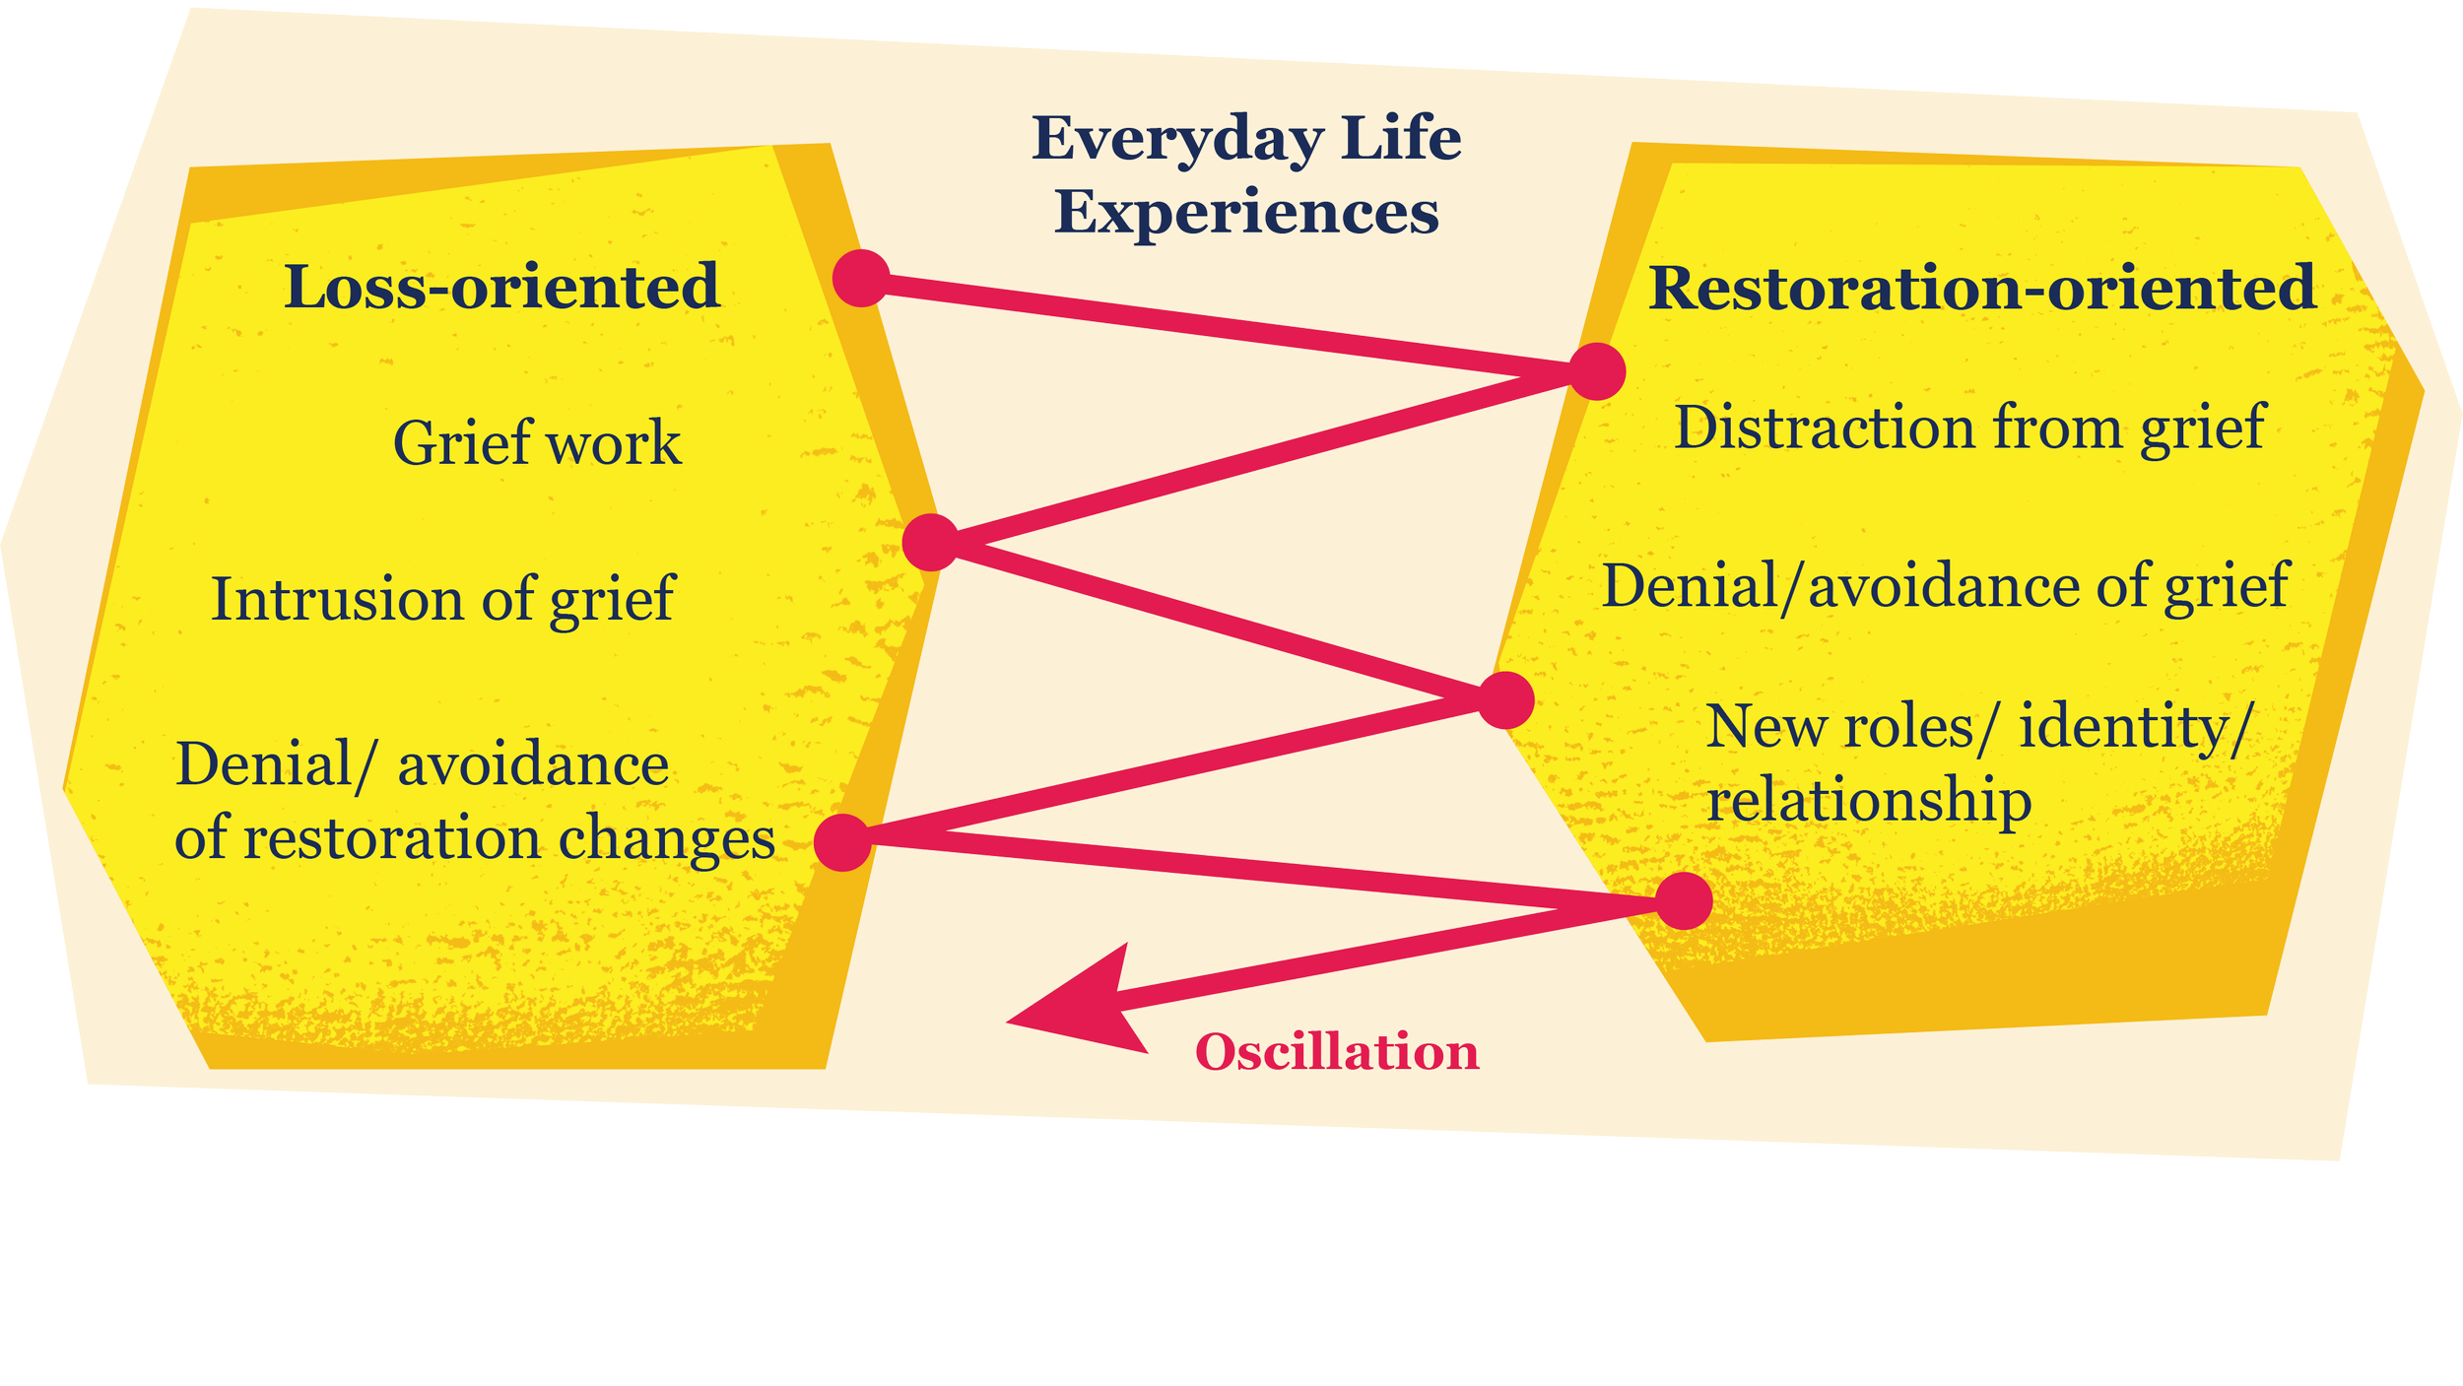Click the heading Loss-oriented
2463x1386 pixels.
coord(501,288)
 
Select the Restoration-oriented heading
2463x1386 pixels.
coord(1982,288)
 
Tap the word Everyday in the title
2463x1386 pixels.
coord(1177,140)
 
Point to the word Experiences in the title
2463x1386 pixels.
coord(1246,212)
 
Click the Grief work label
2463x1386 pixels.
coord(537,442)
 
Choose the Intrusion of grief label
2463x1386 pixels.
coord(442,599)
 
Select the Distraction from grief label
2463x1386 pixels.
coord(1969,429)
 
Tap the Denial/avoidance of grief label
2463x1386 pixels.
coord(1945,587)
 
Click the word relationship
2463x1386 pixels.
coord(1869,800)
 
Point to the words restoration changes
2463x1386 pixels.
coord(509,838)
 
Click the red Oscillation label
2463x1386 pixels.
coord(1337,1052)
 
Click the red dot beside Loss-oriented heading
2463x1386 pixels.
coord(861,278)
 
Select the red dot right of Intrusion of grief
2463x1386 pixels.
coord(931,542)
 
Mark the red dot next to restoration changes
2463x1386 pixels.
coord(842,842)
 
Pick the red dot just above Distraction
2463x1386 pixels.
coord(1597,372)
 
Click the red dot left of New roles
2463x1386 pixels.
coord(1505,700)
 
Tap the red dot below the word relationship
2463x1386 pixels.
coord(1684,900)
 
